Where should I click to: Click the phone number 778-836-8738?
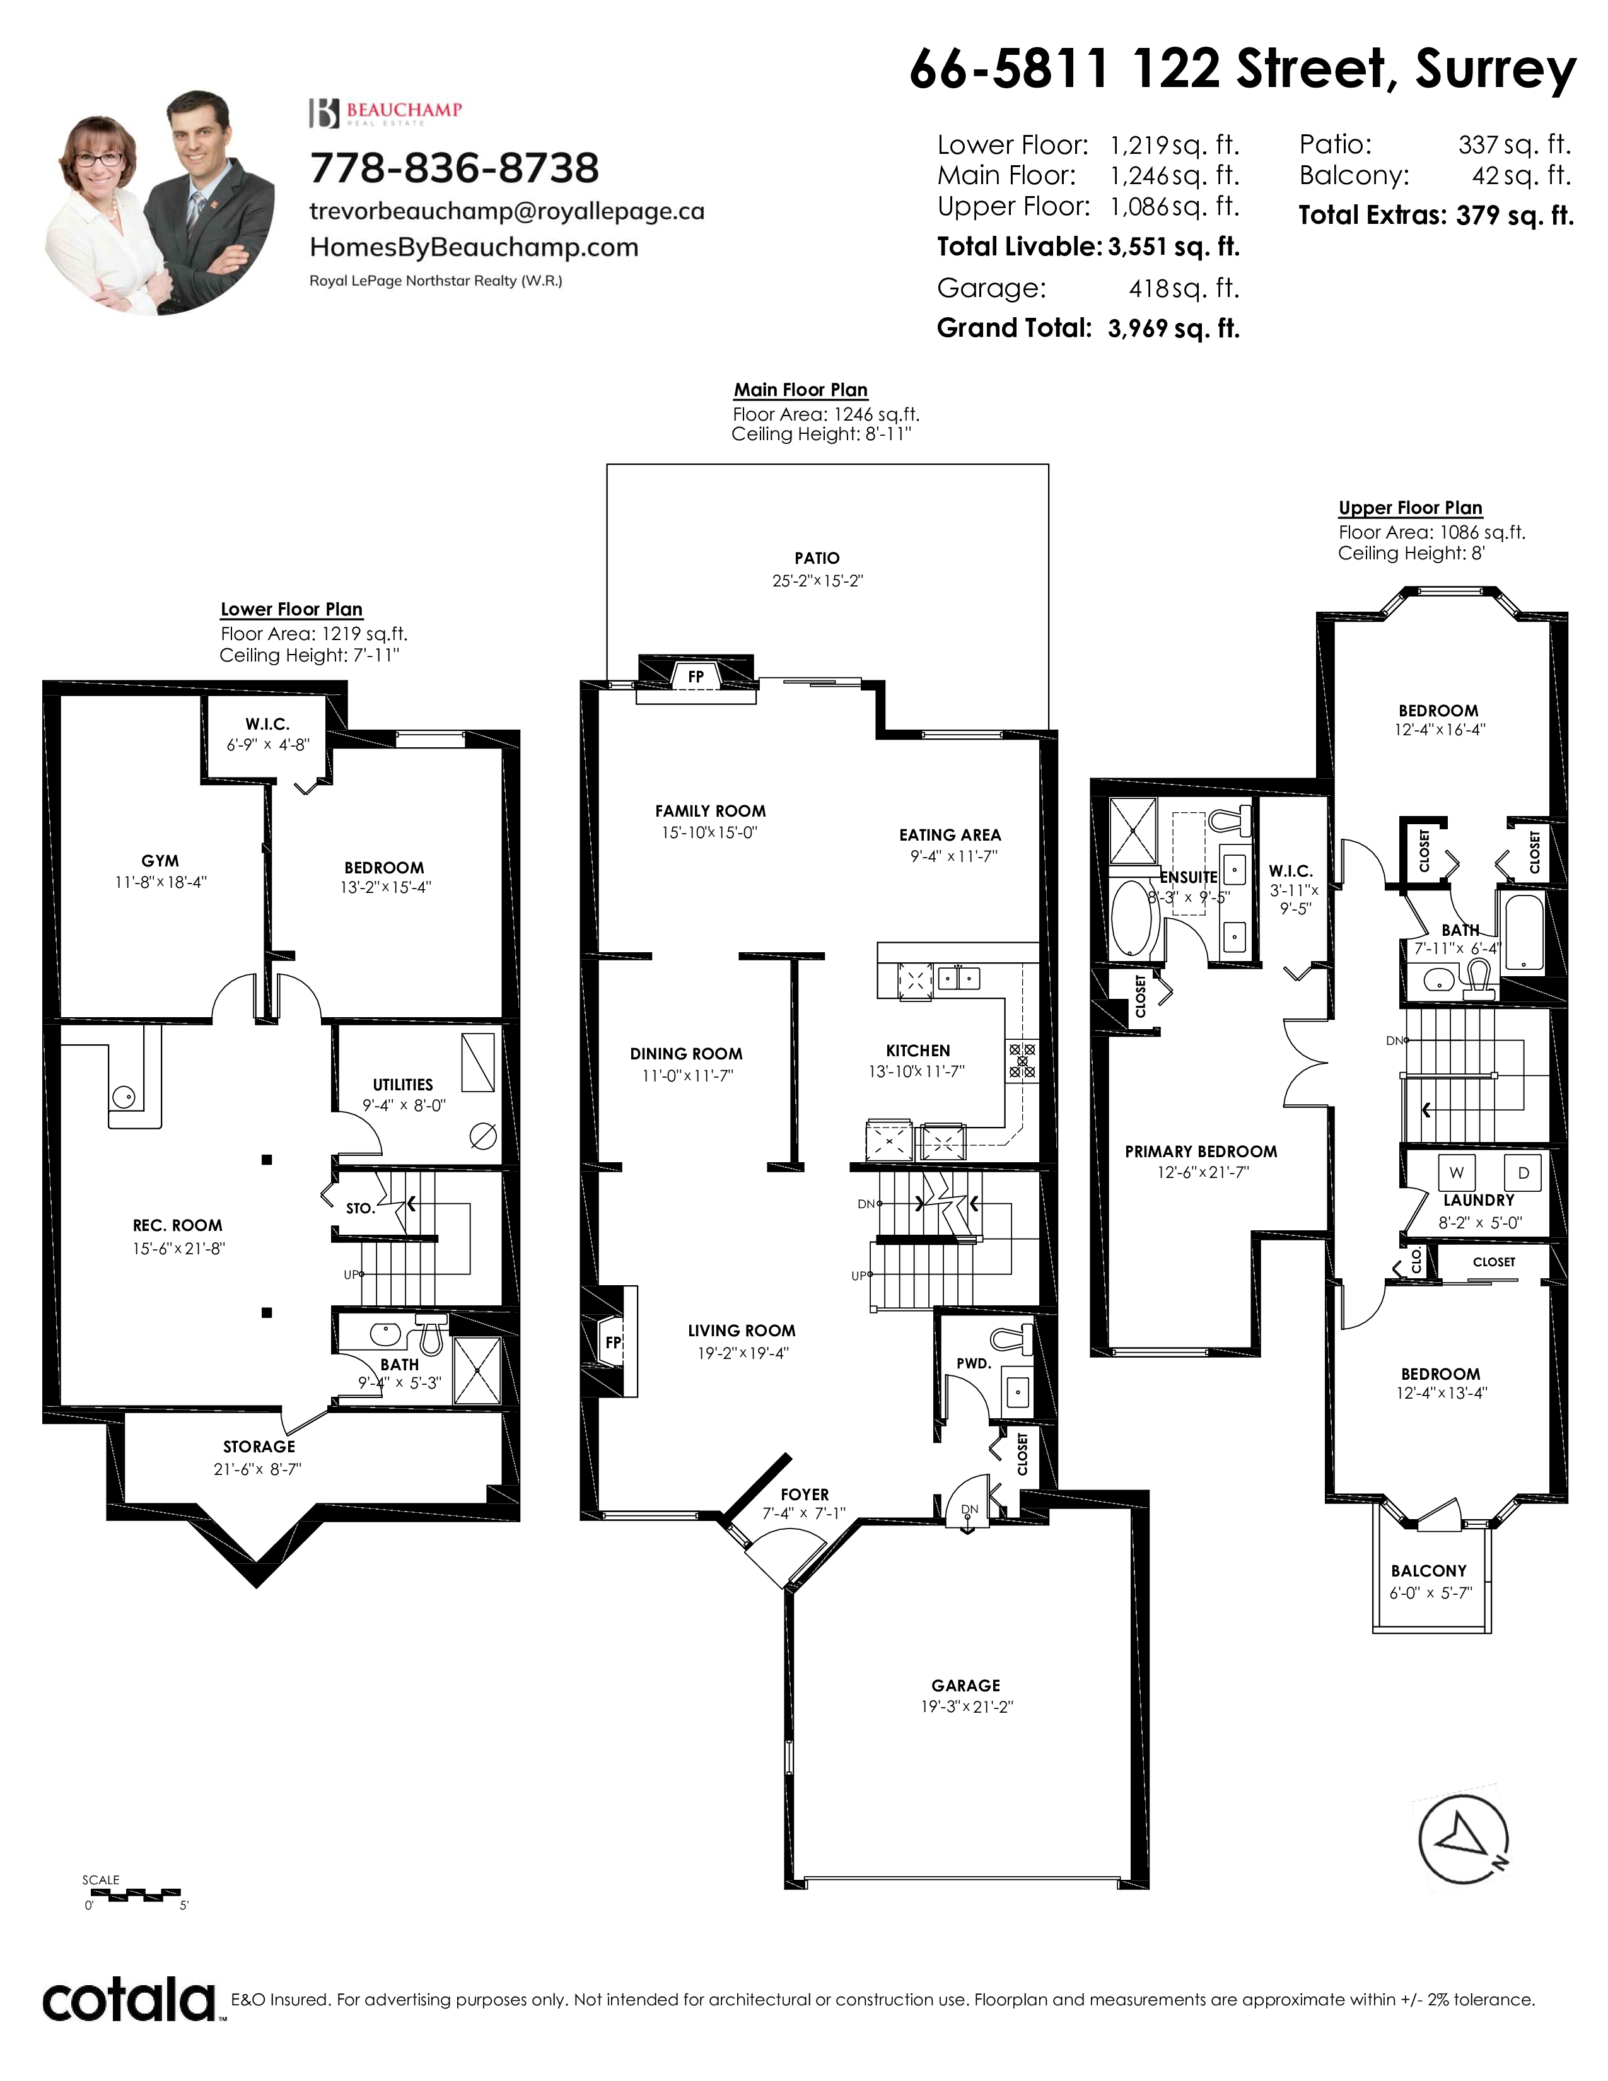pyautogui.click(x=455, y=168)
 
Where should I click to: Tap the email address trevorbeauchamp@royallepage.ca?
pyautogui.click(x=507, y=211)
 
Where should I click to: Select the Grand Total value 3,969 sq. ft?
pyautogui.click(x=1174, y=329)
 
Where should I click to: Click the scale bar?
pyautogui.click(x=133, y=1892)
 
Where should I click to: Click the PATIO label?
pyautogui.click(x=817, y=558)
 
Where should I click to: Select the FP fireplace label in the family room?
pyautogui.click(x=696, y=677)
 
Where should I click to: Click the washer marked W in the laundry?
pyautogui.click(x=1457, y=1173)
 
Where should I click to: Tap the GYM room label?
pyautogui.click(x=160, y=860)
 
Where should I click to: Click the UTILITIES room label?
pyautogui.click(x=403, y=1085)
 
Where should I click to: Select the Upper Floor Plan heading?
pyautogui.click(x=1410, y=508)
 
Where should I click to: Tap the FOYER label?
pyautogui.click(x=805, y=1494)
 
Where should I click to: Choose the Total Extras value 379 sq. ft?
pyautogui.click(x=1515, y=215)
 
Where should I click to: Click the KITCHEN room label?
pyautogui.click(x=918, y=1050)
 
